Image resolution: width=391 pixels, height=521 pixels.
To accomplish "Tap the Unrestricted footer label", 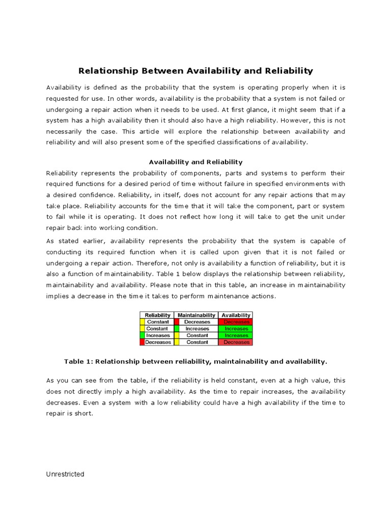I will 65,474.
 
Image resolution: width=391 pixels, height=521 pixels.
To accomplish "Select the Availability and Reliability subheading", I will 195,162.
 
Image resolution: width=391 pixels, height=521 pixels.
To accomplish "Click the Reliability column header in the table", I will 157,315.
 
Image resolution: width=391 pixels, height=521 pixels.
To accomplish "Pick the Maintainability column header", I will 196,315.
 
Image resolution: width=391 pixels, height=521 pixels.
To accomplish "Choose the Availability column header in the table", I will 236,315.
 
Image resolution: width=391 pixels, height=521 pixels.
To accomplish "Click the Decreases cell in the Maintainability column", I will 197,322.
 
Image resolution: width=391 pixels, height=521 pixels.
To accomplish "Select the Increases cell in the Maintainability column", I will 197,329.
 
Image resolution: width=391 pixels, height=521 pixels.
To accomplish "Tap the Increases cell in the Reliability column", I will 158,335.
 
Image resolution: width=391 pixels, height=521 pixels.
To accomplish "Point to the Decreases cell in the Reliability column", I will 158,342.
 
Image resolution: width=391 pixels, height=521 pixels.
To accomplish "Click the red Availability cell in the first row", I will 236,322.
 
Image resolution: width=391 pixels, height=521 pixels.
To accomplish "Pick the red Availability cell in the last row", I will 236,342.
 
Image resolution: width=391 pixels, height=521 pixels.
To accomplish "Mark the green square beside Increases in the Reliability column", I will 142,335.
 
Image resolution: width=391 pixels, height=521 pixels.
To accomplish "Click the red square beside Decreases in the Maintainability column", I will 177,322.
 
